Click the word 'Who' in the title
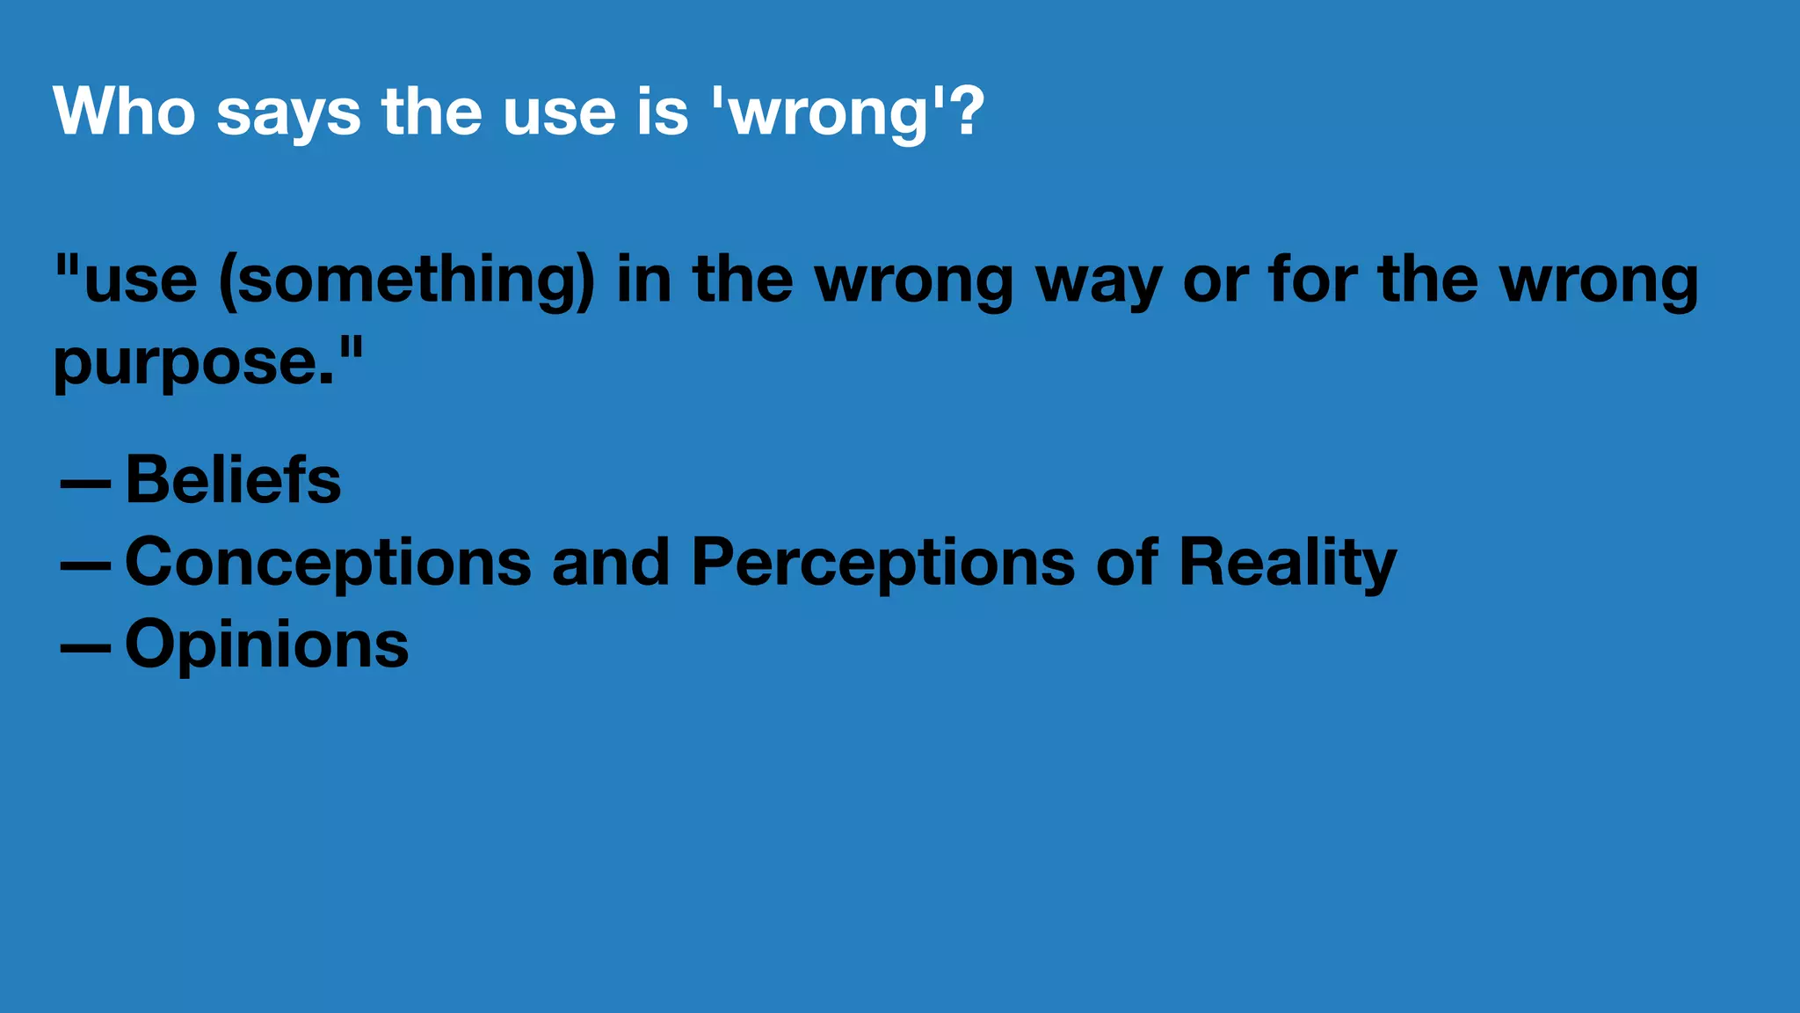pyautogui.click(x=124, y=111)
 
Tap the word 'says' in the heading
pyautogui.click(x=288, y=114)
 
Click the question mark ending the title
pyautogui.click(x=968, y=111)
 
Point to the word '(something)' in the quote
pyautogui.click(x=406, y=281)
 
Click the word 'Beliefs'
pyautogui.click(x=233, y=480)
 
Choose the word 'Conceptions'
pyautogui.click(x=328, y=564)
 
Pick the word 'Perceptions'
pyautogui.click(x=882, y=564)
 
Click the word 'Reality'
pyautogui.click(x=1287, y=564)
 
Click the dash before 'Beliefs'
pyautogui.click(x=85, y=485)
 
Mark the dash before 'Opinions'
pyautogui.click(x=85, y=648)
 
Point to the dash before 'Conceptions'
pyautogui.click(x=85, y=566)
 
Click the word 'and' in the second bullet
pyautogui.click(x=610, y=562)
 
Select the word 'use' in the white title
pyautogui.click(x=559, y=114)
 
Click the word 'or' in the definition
pyautogui.click(x=1216, y=283)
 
